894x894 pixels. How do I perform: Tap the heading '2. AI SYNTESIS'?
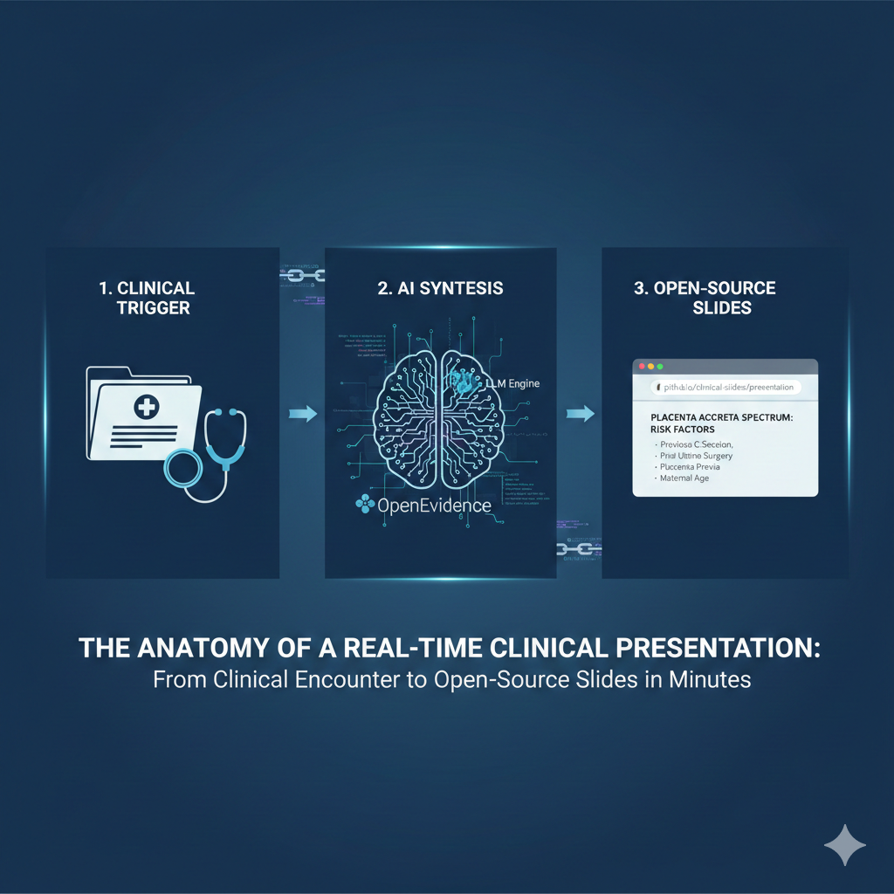(x=441, y=289)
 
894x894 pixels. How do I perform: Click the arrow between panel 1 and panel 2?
(x=302, y=415)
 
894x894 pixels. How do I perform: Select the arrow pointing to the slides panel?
(x=580, y=413)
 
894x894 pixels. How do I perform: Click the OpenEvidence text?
(x=434, y=505)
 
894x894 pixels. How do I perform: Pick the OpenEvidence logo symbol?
(x=363, y=504)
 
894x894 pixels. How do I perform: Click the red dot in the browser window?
(x=640, y=367)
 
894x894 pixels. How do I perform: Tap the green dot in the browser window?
(x=660, y=367)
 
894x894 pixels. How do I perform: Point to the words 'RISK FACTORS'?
(x=681, y=430)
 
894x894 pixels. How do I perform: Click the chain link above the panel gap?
(x=302, y=275)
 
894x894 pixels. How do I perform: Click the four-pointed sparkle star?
(x=844, y=845)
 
